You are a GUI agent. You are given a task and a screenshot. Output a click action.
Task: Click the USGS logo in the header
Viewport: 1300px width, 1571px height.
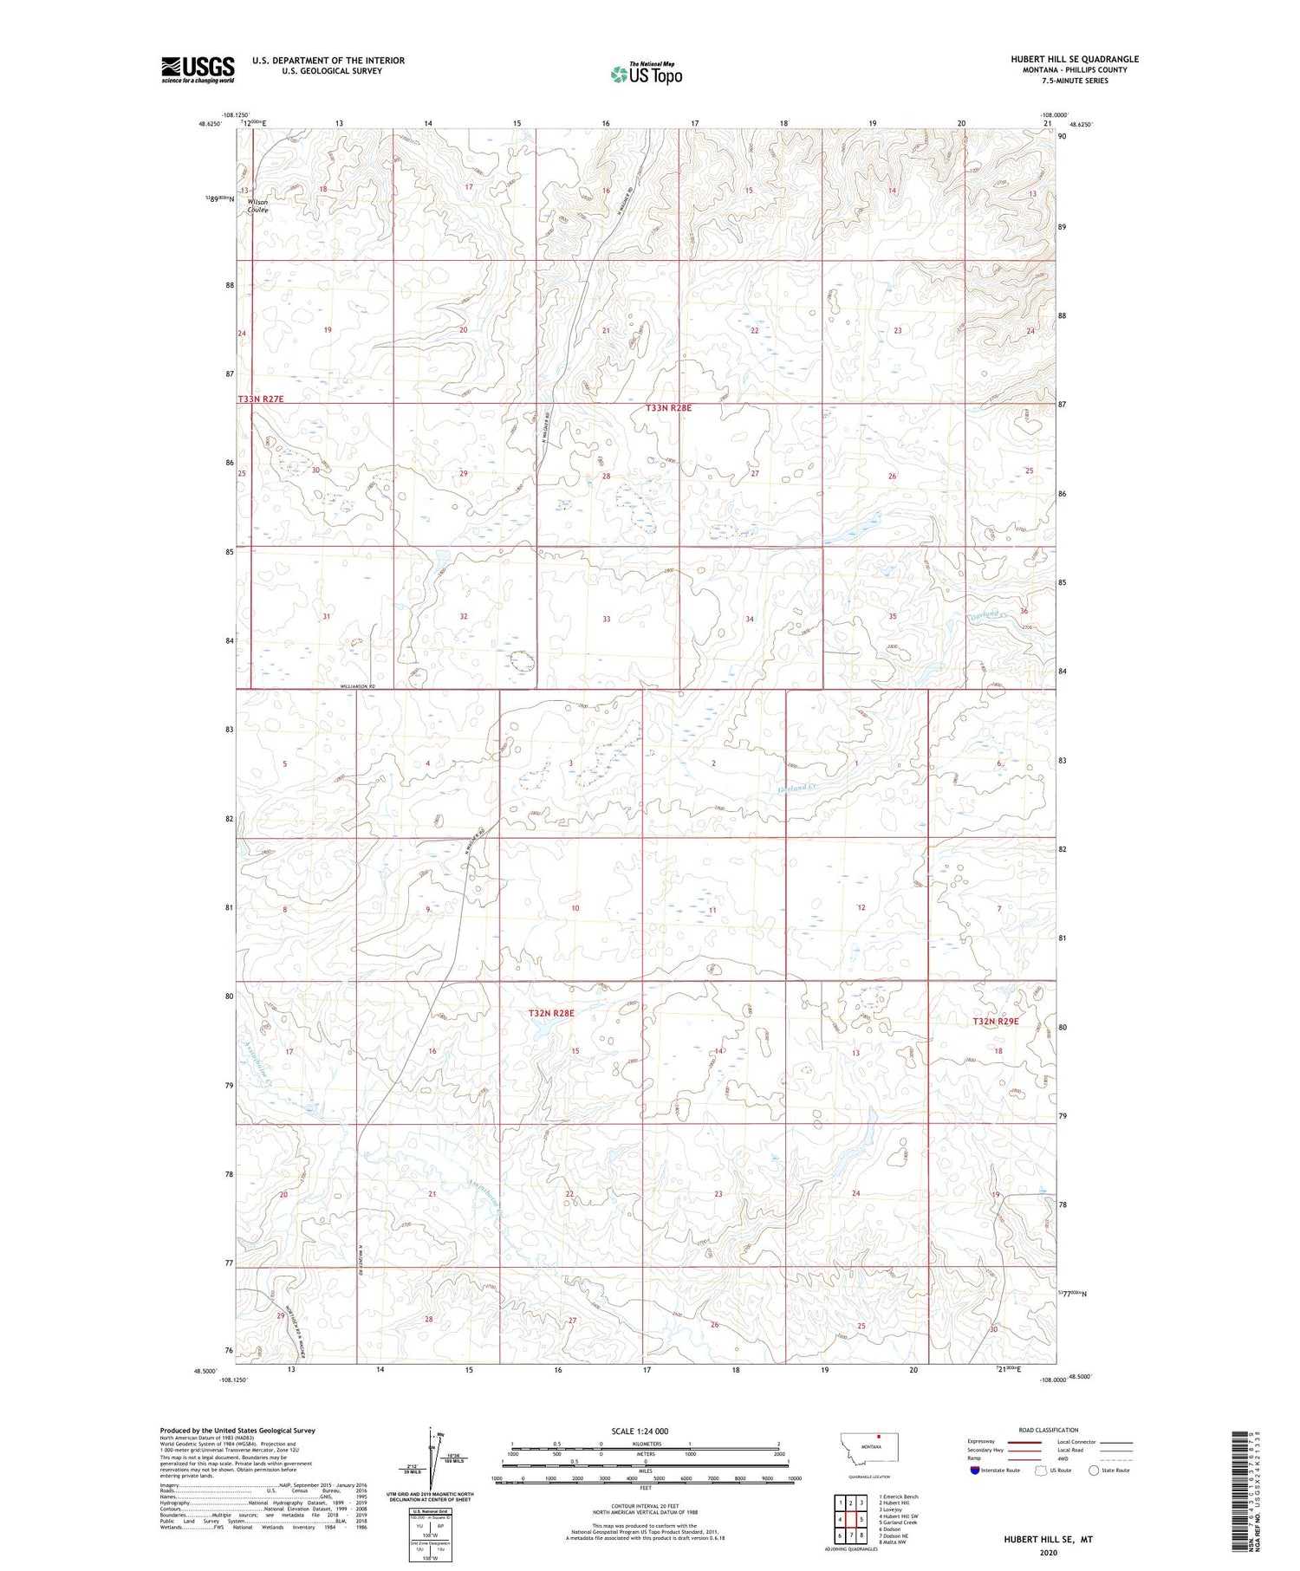[x=198, y=69]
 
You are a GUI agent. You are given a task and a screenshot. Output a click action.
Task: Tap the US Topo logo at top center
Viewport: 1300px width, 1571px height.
[x=646, y=75]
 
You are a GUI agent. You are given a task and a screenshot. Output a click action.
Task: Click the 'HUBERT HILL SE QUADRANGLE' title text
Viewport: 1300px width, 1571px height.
[x=1074, y=59]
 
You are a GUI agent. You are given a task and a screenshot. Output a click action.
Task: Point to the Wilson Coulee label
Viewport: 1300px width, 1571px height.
[x=257, y=205]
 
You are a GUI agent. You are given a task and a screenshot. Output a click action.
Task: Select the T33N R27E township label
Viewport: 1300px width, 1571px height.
[x=261, y=399]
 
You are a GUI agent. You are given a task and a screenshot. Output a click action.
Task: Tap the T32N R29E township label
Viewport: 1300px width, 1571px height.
[x=995, y=1022]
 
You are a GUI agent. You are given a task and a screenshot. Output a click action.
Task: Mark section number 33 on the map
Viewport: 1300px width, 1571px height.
[x=607, y=619]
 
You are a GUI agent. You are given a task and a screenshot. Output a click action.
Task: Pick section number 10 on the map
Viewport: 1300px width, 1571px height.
[x=575, y=908]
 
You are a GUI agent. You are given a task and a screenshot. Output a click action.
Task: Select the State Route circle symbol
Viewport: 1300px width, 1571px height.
[x=1094, y=1470]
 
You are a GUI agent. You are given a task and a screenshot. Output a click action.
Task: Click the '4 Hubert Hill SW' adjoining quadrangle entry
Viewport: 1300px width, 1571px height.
[x=898, y=1516]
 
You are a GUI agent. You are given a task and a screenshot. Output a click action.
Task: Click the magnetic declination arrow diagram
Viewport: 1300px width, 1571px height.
[x=431, y=1454]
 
